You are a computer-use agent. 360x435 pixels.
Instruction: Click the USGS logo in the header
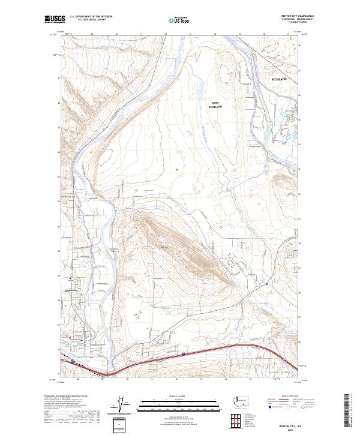tap(55, 20)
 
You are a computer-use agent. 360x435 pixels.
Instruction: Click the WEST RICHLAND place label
tap(215, 104)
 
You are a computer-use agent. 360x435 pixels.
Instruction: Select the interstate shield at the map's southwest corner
tap(73, 362)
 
